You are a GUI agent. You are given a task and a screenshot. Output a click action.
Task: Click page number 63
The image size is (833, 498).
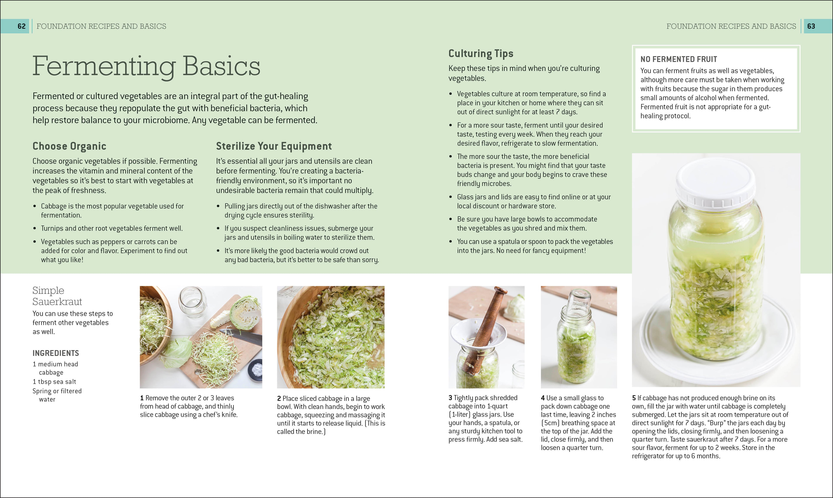pyautogui.click(x=811, y=26)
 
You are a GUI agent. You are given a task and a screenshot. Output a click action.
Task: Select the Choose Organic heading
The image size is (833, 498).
pyautogui.click(x=69, y=146)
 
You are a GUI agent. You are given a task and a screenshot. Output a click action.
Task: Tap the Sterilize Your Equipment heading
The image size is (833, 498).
pyautogui.click(x=274, y=146)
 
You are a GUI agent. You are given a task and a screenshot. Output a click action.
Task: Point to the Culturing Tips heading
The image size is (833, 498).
pyautogui.click(x=481, y=54)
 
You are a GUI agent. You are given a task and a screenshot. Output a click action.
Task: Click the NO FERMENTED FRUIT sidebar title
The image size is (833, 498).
pyautogui.click(x=678, y=59)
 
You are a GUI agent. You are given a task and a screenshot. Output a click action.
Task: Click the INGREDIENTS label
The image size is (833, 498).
pyautogui.click(x=56, y=353)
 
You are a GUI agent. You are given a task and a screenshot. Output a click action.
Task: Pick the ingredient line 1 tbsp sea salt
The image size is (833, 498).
pyautogui.click(x=54, y=382)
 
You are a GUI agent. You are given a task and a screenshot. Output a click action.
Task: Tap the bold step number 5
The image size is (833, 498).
pyautogui.click(x=634, y=398)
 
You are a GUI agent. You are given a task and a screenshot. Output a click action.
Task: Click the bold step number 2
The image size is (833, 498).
pyautogui.click(x=279, y=399)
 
